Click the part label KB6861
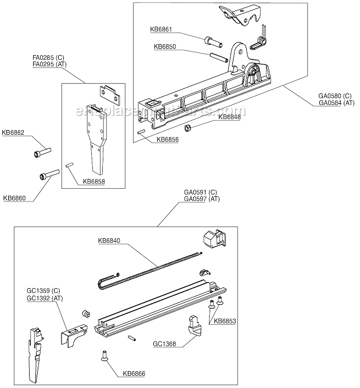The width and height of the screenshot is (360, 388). click(x=161, y=29)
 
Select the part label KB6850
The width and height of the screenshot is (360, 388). click(x=165, y=46)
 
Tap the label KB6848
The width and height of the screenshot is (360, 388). click(x=229, y=116)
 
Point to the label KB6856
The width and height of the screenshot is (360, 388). click(x=167, y=140)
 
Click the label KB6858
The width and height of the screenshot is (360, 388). click(x=93, y=181)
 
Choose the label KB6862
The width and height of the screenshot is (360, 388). click(x=13, y=132)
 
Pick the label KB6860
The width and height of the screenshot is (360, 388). click(x=14, y=198)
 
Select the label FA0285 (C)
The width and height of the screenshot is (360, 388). click(x=45, y=58)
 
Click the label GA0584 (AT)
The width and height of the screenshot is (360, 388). click(x=336, y=103)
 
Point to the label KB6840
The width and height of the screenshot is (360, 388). click(x=110, y=240)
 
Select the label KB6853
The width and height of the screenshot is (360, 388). click(x=225, y=321)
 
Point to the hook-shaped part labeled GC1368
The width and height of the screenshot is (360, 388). click(x=195, y=324)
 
